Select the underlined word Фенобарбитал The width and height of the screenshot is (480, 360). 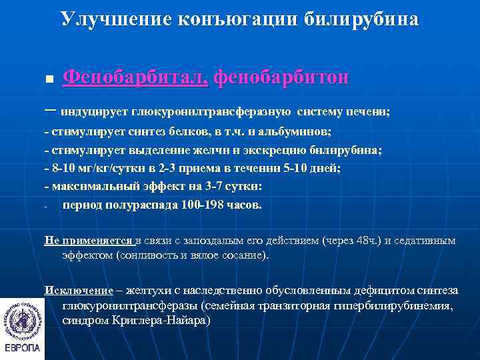pyautogui.click(x=135, y=78)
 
